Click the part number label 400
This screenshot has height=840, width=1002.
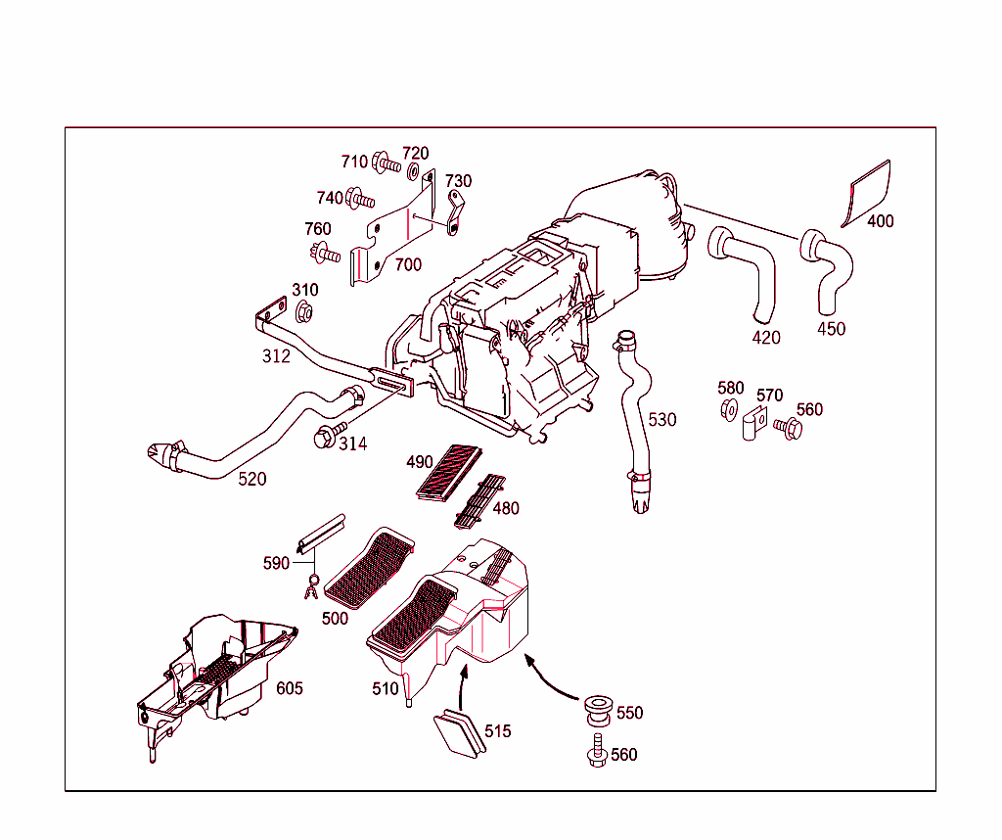[x=880, y=221]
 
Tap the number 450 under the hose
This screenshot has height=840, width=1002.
[x=831, y=329]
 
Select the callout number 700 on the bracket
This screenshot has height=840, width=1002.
[x=408, y=264]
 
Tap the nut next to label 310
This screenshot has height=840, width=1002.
[x=303, y=313]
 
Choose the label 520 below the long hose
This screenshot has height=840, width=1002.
[x=252, y=479]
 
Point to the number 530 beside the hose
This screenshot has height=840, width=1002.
[x=661, y=419]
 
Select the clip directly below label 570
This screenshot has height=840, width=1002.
[x=752, y=425]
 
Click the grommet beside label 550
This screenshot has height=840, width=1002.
[x=596, y=708]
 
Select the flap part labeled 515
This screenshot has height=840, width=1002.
[x=458, y=733]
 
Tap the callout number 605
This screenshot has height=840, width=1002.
[x=289, y=688]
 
